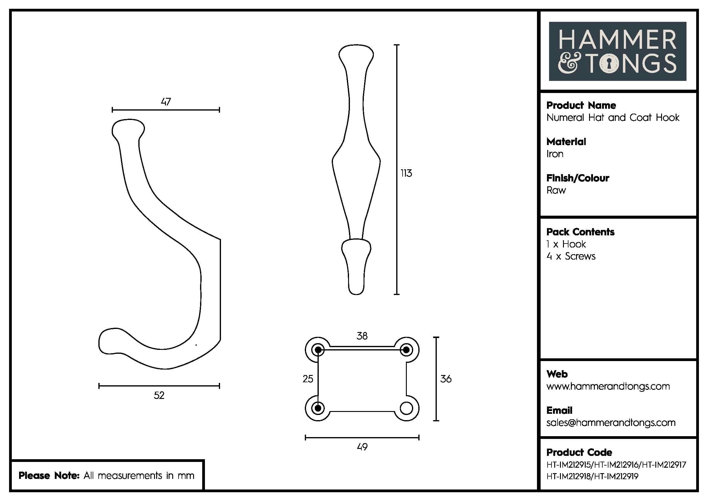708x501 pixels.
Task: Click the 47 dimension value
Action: click(166, 101)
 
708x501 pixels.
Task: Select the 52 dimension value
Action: click(159, 395)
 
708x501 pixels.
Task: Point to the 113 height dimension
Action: click(406, 173)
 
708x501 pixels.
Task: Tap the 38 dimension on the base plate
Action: click(362, 336)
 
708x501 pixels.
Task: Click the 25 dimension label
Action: click(308, 379)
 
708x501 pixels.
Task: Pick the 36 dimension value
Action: click(446, 379)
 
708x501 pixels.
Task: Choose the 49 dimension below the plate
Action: click(362, 447)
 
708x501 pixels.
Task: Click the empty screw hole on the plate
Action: click(406, 408)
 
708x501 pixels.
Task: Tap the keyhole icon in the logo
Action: click(609, 64)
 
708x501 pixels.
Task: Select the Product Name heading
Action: click(581, 105)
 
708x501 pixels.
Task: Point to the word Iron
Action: click(555, 154)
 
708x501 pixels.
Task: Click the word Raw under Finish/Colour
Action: click(556, 190)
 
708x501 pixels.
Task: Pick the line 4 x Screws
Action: click(571, 256)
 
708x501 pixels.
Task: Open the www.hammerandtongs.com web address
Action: click(608, 386)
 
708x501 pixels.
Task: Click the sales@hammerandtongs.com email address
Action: click(611, 423)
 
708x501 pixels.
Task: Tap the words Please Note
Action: click(49, 475)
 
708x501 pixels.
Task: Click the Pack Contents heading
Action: click(580, 232)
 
